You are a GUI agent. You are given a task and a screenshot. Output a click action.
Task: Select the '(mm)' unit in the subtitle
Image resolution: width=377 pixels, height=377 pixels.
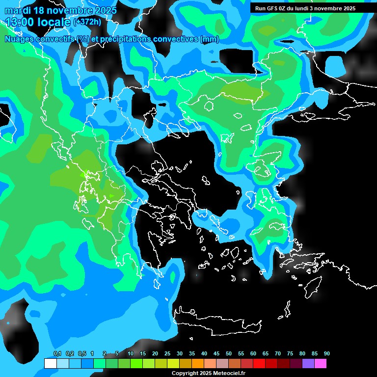(x=210, y=39)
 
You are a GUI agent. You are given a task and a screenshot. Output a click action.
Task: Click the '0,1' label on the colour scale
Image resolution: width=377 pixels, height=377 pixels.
(x=57, y=354)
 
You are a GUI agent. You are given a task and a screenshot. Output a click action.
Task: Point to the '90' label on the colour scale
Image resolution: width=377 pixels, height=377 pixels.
(x=327, y=354)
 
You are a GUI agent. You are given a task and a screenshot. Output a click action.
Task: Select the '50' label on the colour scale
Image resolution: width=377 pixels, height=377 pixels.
(x=229, y=354)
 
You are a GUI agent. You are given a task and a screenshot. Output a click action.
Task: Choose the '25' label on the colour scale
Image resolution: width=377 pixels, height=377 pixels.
(x=167, y=354)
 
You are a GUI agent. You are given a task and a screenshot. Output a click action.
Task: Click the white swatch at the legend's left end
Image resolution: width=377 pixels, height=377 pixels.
(x=50, y=364)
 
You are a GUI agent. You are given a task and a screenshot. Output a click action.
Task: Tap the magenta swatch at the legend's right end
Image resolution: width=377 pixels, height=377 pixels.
(x=321, y=364)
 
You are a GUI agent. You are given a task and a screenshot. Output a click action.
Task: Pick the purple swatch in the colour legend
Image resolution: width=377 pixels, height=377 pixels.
(x=308, y=364)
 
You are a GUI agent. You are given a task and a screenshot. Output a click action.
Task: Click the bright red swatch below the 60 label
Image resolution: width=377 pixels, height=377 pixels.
(x=259, y=364)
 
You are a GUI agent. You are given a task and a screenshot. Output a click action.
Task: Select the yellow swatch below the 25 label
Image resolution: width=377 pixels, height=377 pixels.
(x=173, y=364)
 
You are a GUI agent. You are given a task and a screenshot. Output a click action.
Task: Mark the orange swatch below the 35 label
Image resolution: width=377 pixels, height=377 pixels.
(x=198, y=364)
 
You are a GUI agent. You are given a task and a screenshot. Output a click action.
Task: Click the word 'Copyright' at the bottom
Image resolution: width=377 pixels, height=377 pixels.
(x=185, y=374)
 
